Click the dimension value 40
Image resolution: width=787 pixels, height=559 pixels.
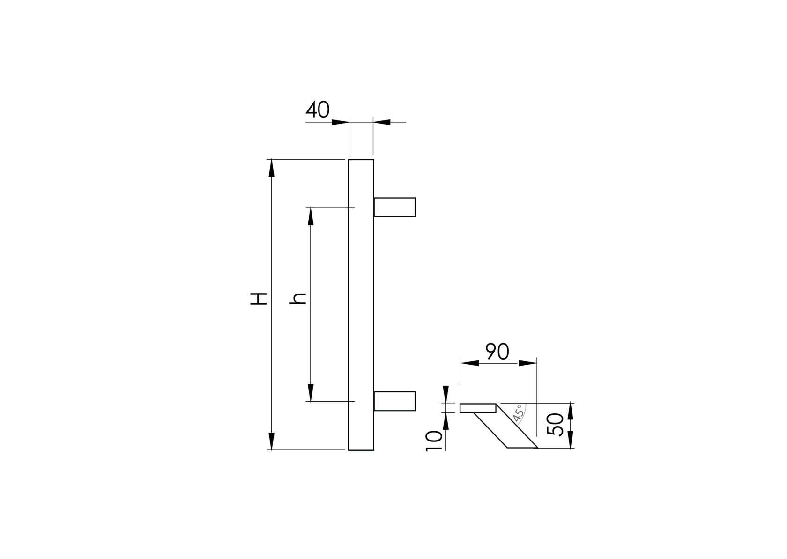click(x=318, y=110)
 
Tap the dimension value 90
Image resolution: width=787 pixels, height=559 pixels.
click(x=497, y=352)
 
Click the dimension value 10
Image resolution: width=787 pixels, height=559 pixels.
click(x=434, y=441)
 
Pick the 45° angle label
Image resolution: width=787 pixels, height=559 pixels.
click(x=518, y=414)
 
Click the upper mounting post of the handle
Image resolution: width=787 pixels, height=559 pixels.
click(x=394, y=207)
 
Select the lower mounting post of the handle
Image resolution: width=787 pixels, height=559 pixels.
click(x=394, y=401)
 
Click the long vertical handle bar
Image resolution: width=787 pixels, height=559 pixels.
click(x=361, y=304)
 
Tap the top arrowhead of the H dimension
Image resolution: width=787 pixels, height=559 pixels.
click(x=271, y=168)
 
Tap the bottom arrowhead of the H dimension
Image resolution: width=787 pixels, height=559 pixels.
click(x=271, y=441)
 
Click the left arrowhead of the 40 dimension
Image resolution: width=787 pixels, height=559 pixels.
click(x=341, y=122)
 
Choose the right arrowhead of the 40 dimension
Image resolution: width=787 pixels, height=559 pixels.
click(x=382, y=122)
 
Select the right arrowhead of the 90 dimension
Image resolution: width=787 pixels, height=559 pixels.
click(x=528, y=363)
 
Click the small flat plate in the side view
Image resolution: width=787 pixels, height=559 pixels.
click(x=478, y=408)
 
